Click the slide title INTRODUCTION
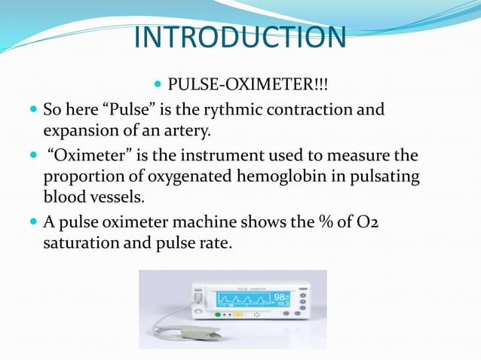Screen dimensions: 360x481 point(240,37)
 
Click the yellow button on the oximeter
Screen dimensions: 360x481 point(237,316)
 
